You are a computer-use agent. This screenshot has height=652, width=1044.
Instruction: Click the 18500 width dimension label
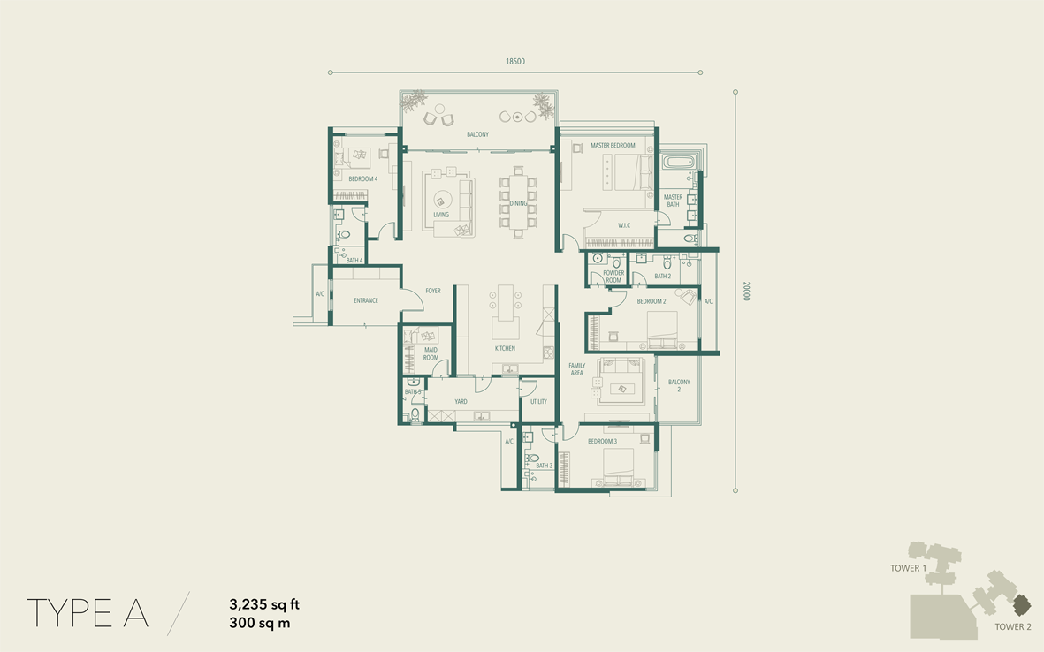tap(514, 61)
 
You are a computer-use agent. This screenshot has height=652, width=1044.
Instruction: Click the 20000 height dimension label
tap(746, 291)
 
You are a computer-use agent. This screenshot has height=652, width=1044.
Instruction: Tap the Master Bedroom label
tap(613, 145)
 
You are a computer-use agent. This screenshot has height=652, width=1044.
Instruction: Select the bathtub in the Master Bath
tap(678, 161)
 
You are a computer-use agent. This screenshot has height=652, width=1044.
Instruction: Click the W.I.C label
tap(624, 225)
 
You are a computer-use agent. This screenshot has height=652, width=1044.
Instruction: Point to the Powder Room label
tap(613, 277)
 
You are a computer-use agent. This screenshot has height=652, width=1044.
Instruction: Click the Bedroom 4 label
tap(362, 179)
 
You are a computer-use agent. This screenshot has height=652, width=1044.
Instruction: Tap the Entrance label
tap(366, 300)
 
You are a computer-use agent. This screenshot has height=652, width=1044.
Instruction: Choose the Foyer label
tap(433, 291)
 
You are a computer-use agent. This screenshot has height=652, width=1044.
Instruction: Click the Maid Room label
tap(431, 353)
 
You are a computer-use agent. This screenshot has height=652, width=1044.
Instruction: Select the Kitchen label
tap(505, 349)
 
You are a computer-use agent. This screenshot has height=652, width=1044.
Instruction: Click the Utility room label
tap(538, 402)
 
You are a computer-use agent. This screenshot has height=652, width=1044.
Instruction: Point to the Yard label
tap(461, 402)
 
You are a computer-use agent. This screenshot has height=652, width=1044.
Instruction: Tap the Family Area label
tap(576, 369)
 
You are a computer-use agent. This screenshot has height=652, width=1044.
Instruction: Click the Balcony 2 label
tap(679, 385)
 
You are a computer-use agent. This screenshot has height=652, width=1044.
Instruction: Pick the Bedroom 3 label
tap(602, 441)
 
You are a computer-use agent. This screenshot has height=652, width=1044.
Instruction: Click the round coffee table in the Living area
tap(441, 199)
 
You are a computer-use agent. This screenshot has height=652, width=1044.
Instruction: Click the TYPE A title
tap(88, 613)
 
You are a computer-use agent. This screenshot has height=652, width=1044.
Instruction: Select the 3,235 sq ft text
tap(264, 604)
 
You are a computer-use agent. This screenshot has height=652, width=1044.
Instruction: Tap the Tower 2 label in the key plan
tap(1013, 626)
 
